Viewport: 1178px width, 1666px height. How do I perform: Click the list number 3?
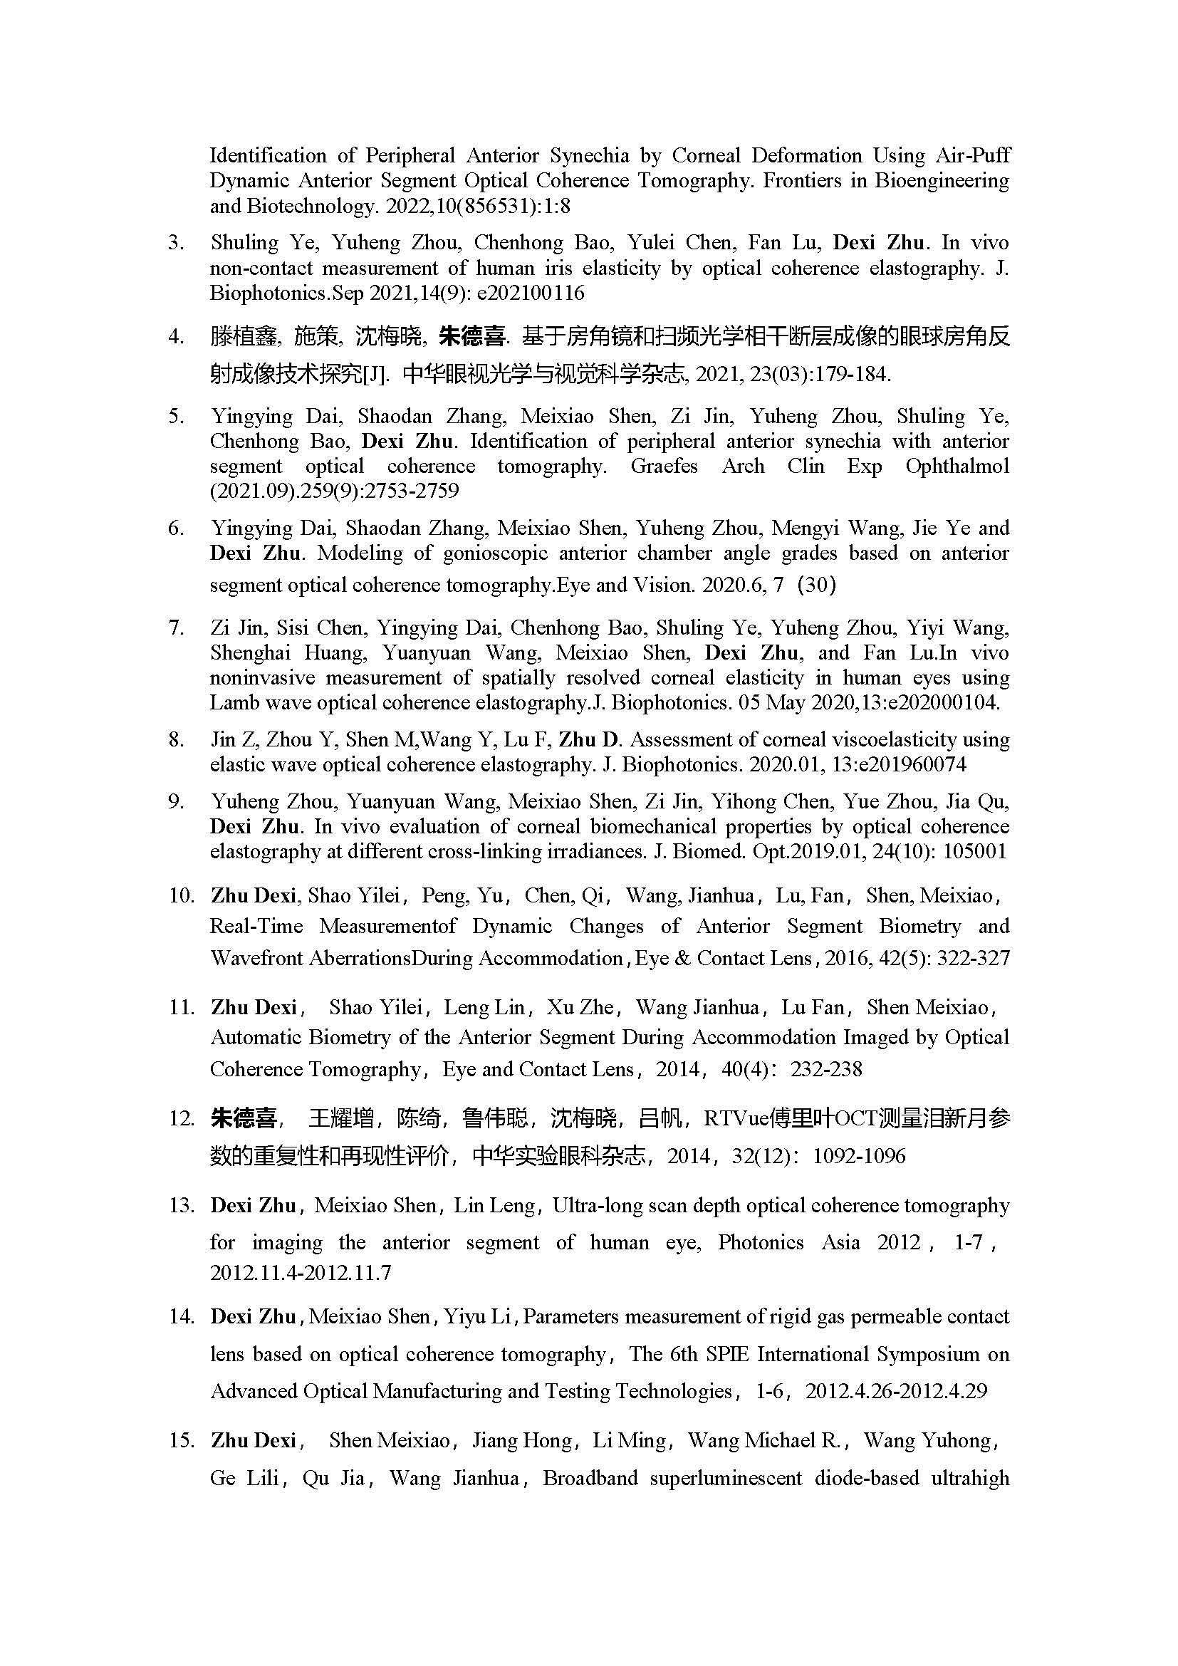click(175, 243)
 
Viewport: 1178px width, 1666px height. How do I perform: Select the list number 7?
click(175, 628)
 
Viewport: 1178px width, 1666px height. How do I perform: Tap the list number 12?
click(181, 1118)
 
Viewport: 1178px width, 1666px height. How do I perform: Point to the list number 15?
click(181, 1440)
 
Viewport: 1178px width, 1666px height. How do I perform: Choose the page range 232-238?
click(826, 1069)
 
